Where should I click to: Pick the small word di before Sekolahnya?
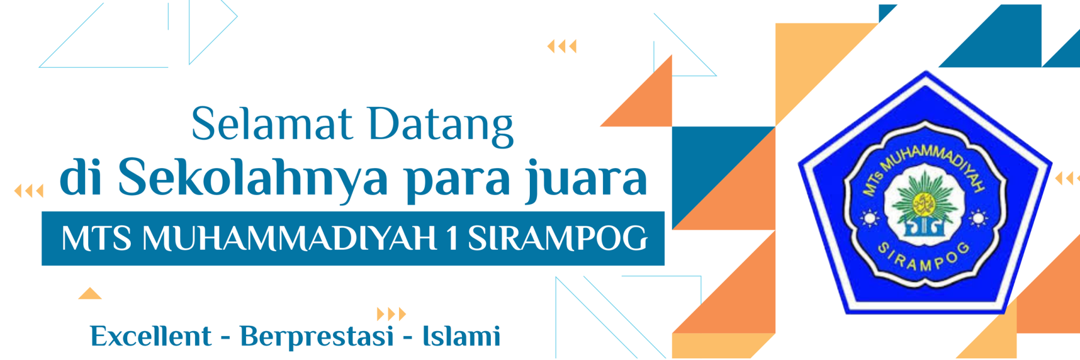82,176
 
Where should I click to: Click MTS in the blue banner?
96,238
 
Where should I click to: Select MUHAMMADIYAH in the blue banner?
289,238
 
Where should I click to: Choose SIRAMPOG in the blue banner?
557,238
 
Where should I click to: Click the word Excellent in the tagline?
151,336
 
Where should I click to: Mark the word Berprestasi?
316,337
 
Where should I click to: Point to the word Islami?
461,336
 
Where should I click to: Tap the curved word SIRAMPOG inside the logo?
924,258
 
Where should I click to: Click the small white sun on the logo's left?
869,218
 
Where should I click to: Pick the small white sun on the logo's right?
977,218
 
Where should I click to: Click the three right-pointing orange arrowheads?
391,314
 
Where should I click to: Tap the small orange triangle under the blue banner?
90,293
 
